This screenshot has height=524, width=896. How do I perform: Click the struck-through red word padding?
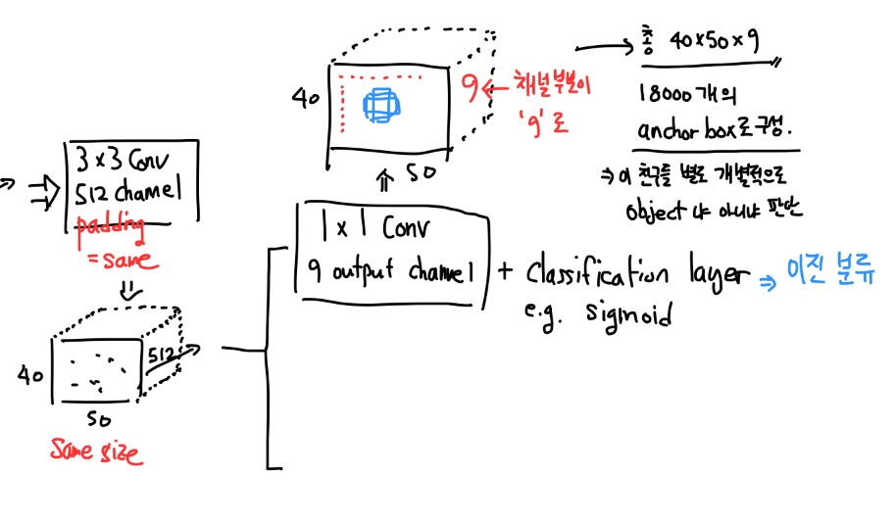coord(116,226)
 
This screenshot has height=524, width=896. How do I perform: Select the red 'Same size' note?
coord(96,453)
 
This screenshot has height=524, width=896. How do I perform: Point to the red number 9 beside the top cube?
coord(471,89)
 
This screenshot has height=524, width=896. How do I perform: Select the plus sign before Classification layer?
coord(505,270)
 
